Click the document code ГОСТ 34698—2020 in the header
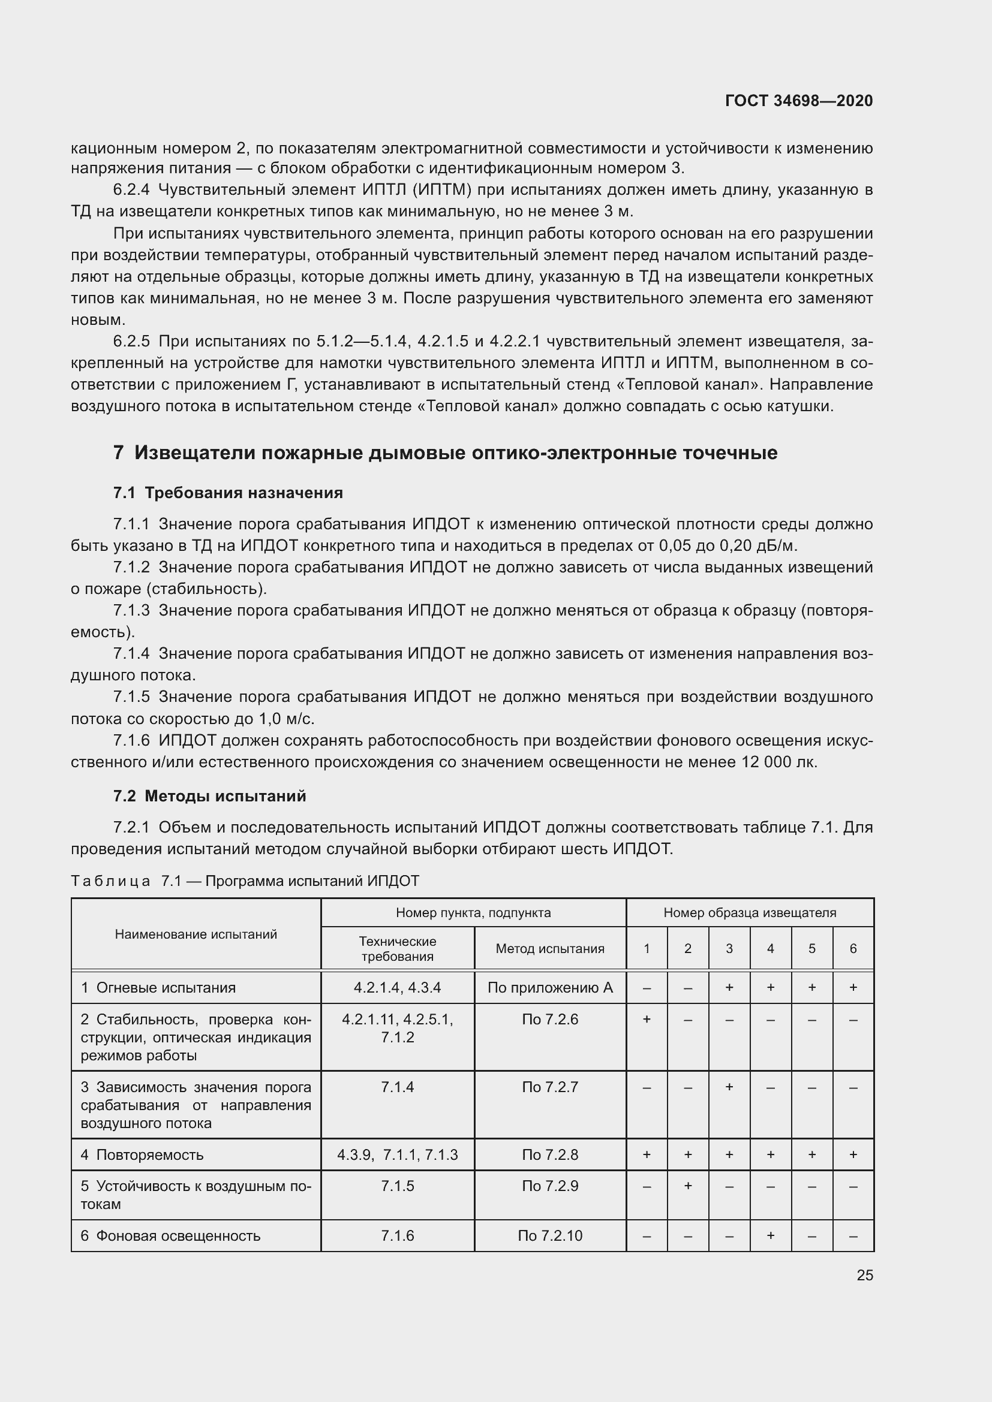click(798, 101)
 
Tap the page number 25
click(864, 1275)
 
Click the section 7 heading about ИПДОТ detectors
click(444, 453)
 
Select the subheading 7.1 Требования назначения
click(228, 493)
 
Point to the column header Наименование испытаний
click(196, 934)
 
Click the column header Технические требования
click(397, 948)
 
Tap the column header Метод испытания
click(550, 948)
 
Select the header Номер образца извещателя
click(750, 912)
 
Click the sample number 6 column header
click(853, 948)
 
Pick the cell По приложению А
click(550, 987)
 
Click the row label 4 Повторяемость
click(142, 1154)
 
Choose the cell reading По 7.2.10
click(550, 1236)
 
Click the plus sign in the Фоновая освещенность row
click(770, 1236)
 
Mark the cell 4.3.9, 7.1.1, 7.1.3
click(397, 1154)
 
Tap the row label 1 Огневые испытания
click(158, 987)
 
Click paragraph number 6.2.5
click(131, 341)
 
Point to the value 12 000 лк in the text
click(779, 762)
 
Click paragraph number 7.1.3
click(131, 611)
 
